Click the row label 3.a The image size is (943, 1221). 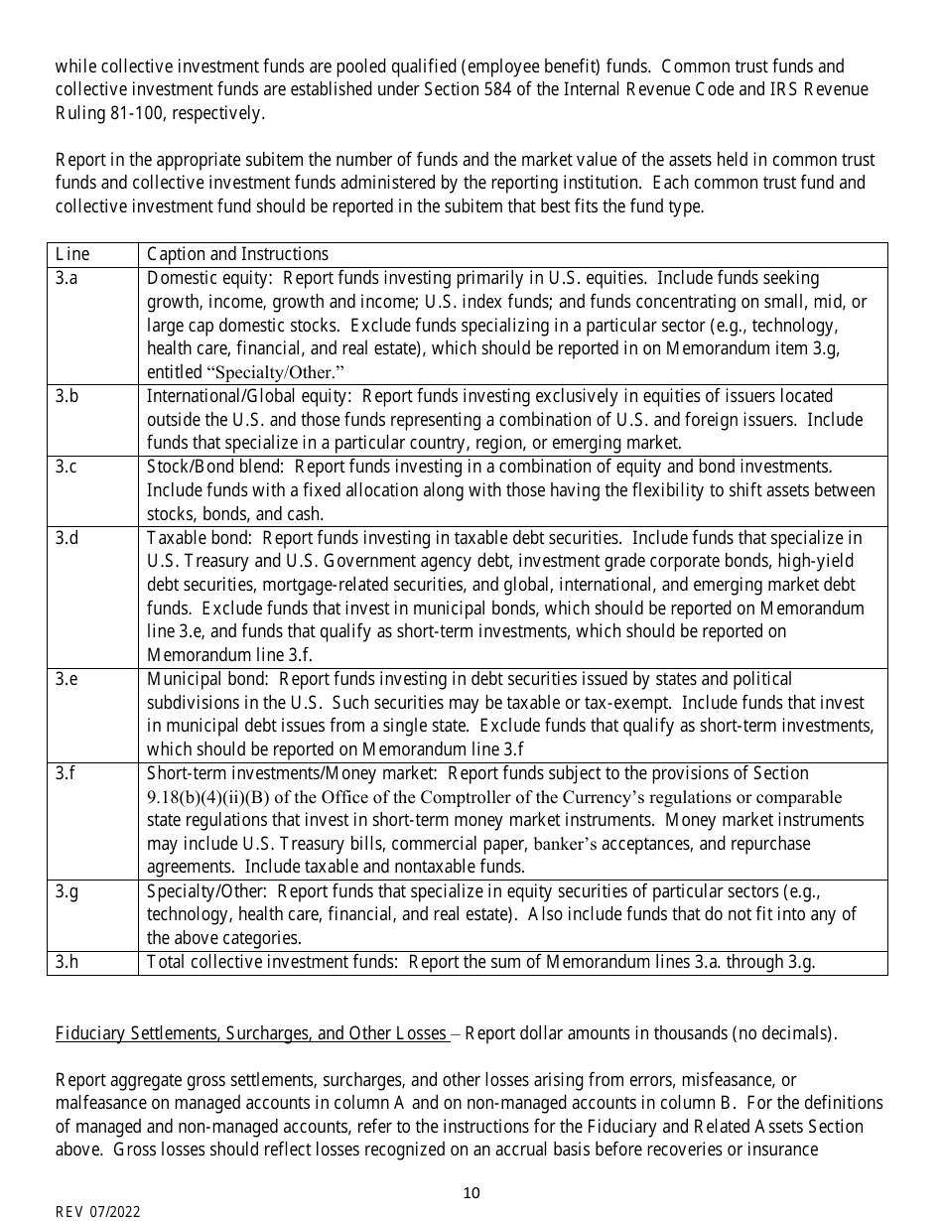[67, 278]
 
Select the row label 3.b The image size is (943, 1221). [67, 396]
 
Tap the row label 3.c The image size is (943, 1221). [67, 467]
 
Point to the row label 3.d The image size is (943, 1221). [67, 538]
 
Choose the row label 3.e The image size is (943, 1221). [67, 679]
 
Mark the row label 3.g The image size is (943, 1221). [67, 890]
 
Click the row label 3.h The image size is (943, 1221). [67, 961]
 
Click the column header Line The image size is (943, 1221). [71, 254]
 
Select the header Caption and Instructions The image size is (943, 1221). [237, 254]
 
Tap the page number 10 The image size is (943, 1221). [471, 1192]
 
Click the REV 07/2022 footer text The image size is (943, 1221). [97, 1211]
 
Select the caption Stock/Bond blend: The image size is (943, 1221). [216, 467]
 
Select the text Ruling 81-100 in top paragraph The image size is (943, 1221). [109, 113]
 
